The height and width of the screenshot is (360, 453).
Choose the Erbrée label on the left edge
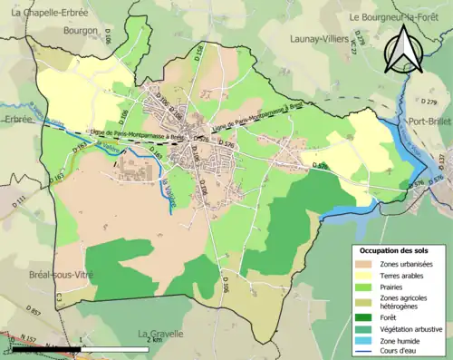(16, 119)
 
